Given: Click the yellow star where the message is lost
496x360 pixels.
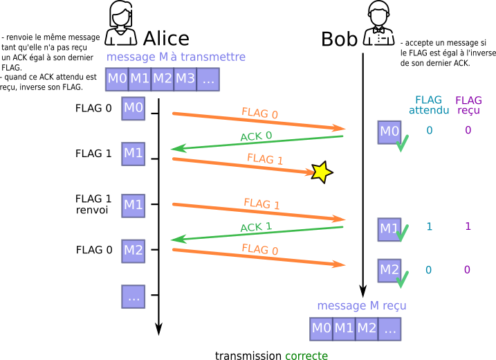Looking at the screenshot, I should click(x=321, y=172).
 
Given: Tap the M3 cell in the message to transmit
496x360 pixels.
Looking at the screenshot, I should click(x=185, y=79).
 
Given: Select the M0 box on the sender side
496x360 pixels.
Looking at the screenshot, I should click(x=134, y=108).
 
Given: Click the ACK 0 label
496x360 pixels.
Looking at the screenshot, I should click(x=256, y=136).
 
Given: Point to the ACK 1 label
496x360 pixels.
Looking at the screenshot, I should click(x=256, y=227).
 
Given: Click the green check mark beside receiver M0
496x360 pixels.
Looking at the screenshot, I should click(x=402, y=143).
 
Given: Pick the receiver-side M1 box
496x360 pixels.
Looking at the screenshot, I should click(x=389, y=229).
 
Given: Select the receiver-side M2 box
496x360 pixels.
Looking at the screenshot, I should click(x=389, y=270).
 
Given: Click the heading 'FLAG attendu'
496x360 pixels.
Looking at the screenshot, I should click(x=428, y=105).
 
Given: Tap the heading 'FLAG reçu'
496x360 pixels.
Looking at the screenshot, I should click(x=468, y=105).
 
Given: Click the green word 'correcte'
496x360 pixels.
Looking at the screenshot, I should click(x=306, y=355).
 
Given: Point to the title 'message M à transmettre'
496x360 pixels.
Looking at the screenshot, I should click(x=176, y=57).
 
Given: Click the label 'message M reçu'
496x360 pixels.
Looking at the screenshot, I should click(x=361, y=305).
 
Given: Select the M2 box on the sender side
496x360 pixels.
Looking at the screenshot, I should click(x=134, y=251).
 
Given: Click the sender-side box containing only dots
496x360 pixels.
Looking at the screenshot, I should click(x=134, y=296).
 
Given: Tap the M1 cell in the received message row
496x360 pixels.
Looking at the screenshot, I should click(x=344, y=328).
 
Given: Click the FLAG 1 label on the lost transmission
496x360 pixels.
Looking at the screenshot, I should click(x=265, y=159).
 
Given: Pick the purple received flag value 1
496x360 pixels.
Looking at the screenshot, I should click(x=468, y=226).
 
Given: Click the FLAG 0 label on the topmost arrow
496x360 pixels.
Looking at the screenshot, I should click(x=259, y=113).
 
